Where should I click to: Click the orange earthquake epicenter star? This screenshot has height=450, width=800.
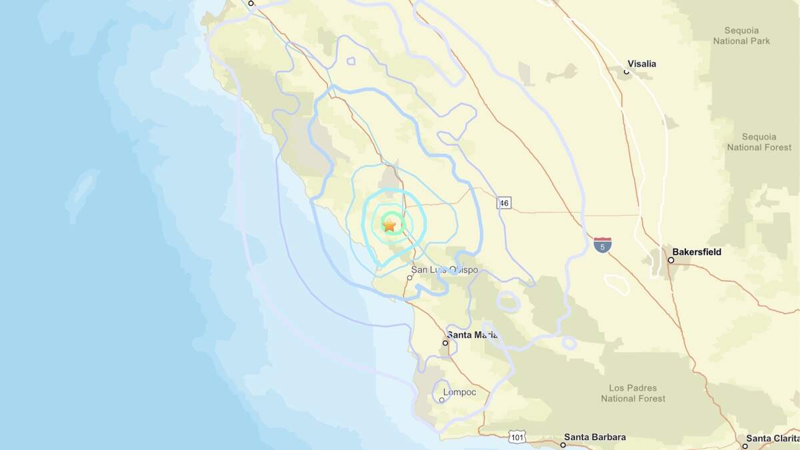pos(389,225)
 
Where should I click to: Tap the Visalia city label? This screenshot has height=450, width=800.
pos(641,64)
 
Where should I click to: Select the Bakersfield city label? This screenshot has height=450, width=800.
pos(697,252)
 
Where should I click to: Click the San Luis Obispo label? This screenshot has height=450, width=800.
pos(445,270)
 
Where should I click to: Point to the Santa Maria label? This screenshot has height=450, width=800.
pos(473,335)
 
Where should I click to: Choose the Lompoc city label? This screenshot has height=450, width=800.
pos(460,392)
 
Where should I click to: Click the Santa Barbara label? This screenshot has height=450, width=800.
pos(594,437)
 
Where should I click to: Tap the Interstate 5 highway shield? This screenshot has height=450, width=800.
pos(603,245)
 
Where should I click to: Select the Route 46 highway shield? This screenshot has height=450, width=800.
pos(505,203)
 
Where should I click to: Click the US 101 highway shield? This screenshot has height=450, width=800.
pos(518,437)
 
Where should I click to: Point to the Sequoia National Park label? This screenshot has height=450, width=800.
pos(741,36)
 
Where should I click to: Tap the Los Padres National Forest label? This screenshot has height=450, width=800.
pos(633,393)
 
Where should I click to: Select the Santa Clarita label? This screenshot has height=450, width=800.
pos(773,438)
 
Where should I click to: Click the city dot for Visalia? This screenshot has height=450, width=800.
pos(627,72)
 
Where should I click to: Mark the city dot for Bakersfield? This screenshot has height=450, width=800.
pos(671,260)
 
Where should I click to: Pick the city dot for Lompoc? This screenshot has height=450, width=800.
pos(441,400)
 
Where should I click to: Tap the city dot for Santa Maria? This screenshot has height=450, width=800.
pos(445,343)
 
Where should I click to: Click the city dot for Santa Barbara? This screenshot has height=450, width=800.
pos(563,445)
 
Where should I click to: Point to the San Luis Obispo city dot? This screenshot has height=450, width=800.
pos(409,278)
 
